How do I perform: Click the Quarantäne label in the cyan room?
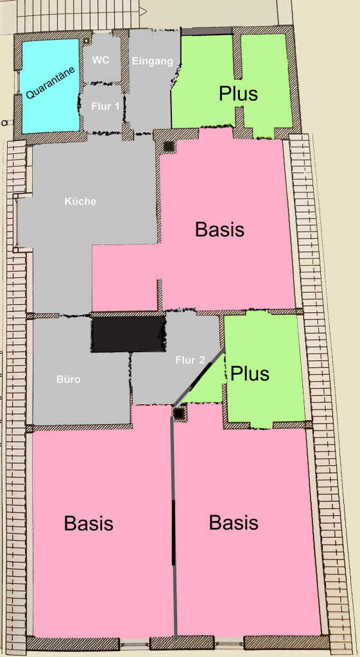click(51, 81)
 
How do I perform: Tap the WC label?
click(101, 60)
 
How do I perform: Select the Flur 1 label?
click(105, 107)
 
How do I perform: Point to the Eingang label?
click(153, 61)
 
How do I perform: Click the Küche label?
click(80, 201)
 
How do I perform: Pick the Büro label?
click(68, 380)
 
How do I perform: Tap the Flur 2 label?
click(191, 359)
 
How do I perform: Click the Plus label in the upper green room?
click(238, 94)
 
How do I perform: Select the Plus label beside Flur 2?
click(250, 373)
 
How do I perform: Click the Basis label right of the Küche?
click(219, 230)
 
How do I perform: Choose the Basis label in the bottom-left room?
click(89, 523)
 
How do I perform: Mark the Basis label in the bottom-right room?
click(234, 522)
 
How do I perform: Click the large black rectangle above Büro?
click(128, 334)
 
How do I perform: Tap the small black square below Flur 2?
click(179, 414)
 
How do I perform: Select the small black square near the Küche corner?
click(169, 146)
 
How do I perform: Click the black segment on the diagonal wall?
click(202, 372)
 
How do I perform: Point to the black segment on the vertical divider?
click(173, 532)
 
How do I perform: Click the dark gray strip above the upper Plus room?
click(206, 31)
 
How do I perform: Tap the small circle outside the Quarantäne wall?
click(4, 123)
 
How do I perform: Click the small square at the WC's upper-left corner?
click(87, 41)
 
